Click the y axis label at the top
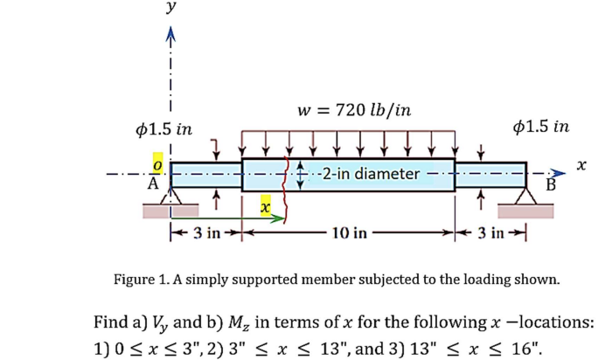tap(171, 8)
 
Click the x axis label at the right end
tap(581, 164)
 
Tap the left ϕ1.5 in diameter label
tap(165, 128)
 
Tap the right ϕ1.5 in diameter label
tap(542, 127)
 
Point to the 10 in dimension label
tap(350, 233)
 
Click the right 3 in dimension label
tap(493, 233)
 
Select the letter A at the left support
tap(153, 183)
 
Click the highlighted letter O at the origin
tap(157, 164)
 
